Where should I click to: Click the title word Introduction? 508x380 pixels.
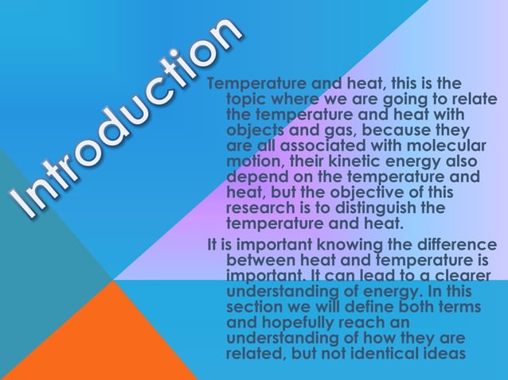(127, 119)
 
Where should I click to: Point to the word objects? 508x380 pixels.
(256, 131)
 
